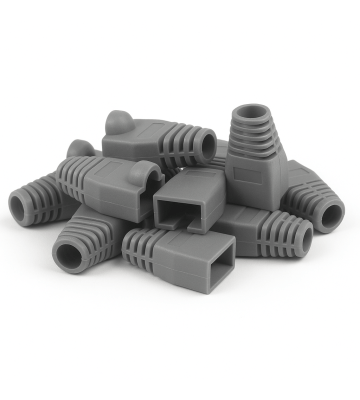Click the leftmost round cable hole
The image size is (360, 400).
pos(20,205)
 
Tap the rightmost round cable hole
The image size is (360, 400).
pos(330,213)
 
